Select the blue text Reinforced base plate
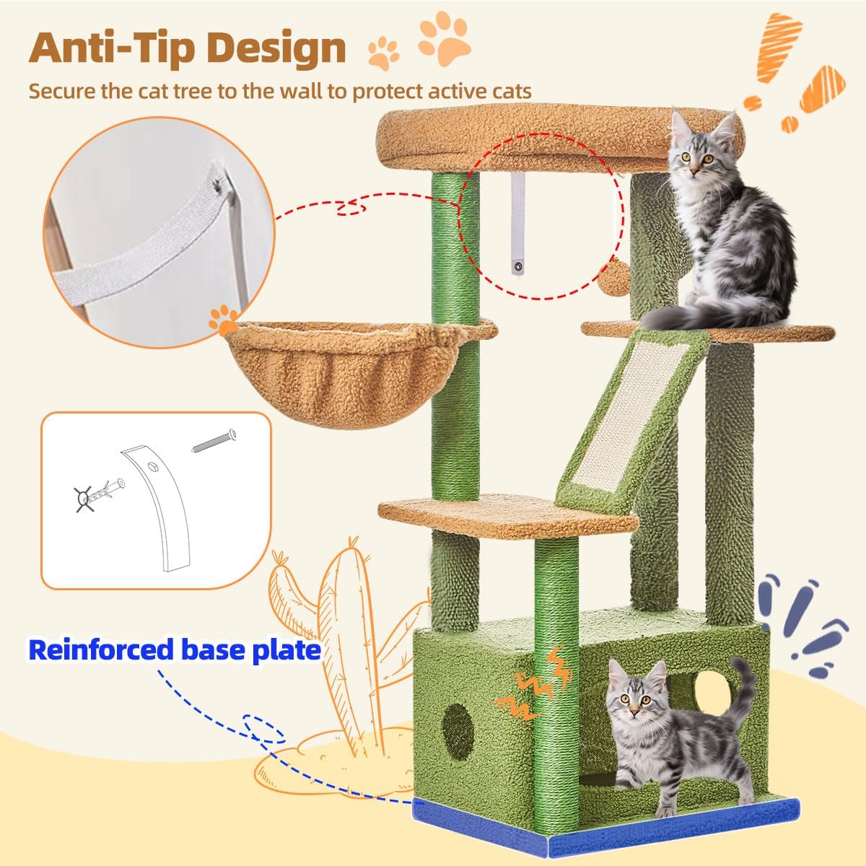pyautogui.click(x=175, y=649)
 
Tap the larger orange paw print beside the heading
pyautogui.click(x=445, y=39)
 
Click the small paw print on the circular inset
pyautogui.click(x=223, y=320)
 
